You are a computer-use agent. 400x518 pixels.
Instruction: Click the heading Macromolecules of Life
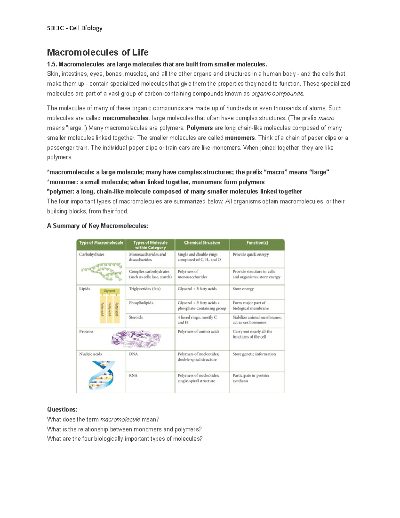[98, 52]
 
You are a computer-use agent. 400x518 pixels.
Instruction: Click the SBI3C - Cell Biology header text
[75, 28]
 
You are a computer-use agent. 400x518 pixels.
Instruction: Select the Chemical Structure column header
[202, 243]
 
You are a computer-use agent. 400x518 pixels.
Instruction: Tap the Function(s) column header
[257, 243]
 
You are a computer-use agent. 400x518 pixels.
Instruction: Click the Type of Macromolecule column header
[101, 243]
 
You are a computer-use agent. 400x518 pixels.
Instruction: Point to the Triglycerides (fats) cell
[145, 289]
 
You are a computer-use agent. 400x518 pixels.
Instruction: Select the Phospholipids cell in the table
[141, 303]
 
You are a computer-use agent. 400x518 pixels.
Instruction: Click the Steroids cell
[136, 317]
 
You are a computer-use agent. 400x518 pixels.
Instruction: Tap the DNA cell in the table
[133, 354]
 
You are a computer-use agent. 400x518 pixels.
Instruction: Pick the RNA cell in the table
[133, 376]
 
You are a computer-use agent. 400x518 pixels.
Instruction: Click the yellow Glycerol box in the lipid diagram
[109, 291]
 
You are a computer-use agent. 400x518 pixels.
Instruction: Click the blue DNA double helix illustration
[102, 375]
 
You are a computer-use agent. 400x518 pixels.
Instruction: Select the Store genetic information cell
[254, 354]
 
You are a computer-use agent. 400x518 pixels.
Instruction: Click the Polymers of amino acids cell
[198, 332]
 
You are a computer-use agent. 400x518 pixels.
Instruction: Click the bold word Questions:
[62, 410]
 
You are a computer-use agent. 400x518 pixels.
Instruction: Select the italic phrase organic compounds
[277, 94]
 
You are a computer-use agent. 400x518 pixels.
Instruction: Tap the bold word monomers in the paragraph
[240, 138]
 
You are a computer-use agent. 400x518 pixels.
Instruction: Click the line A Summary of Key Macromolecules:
[98, 226]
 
